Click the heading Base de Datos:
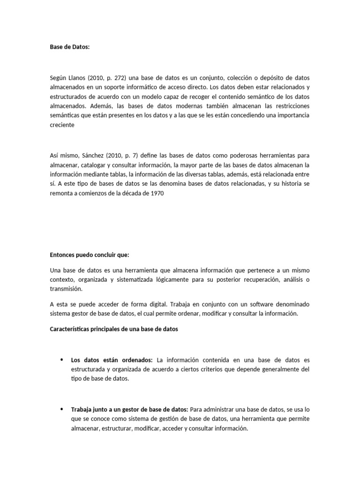click(69, 47)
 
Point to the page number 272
click(124, 77)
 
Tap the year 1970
click(155, 193)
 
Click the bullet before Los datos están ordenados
click(61, 360)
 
